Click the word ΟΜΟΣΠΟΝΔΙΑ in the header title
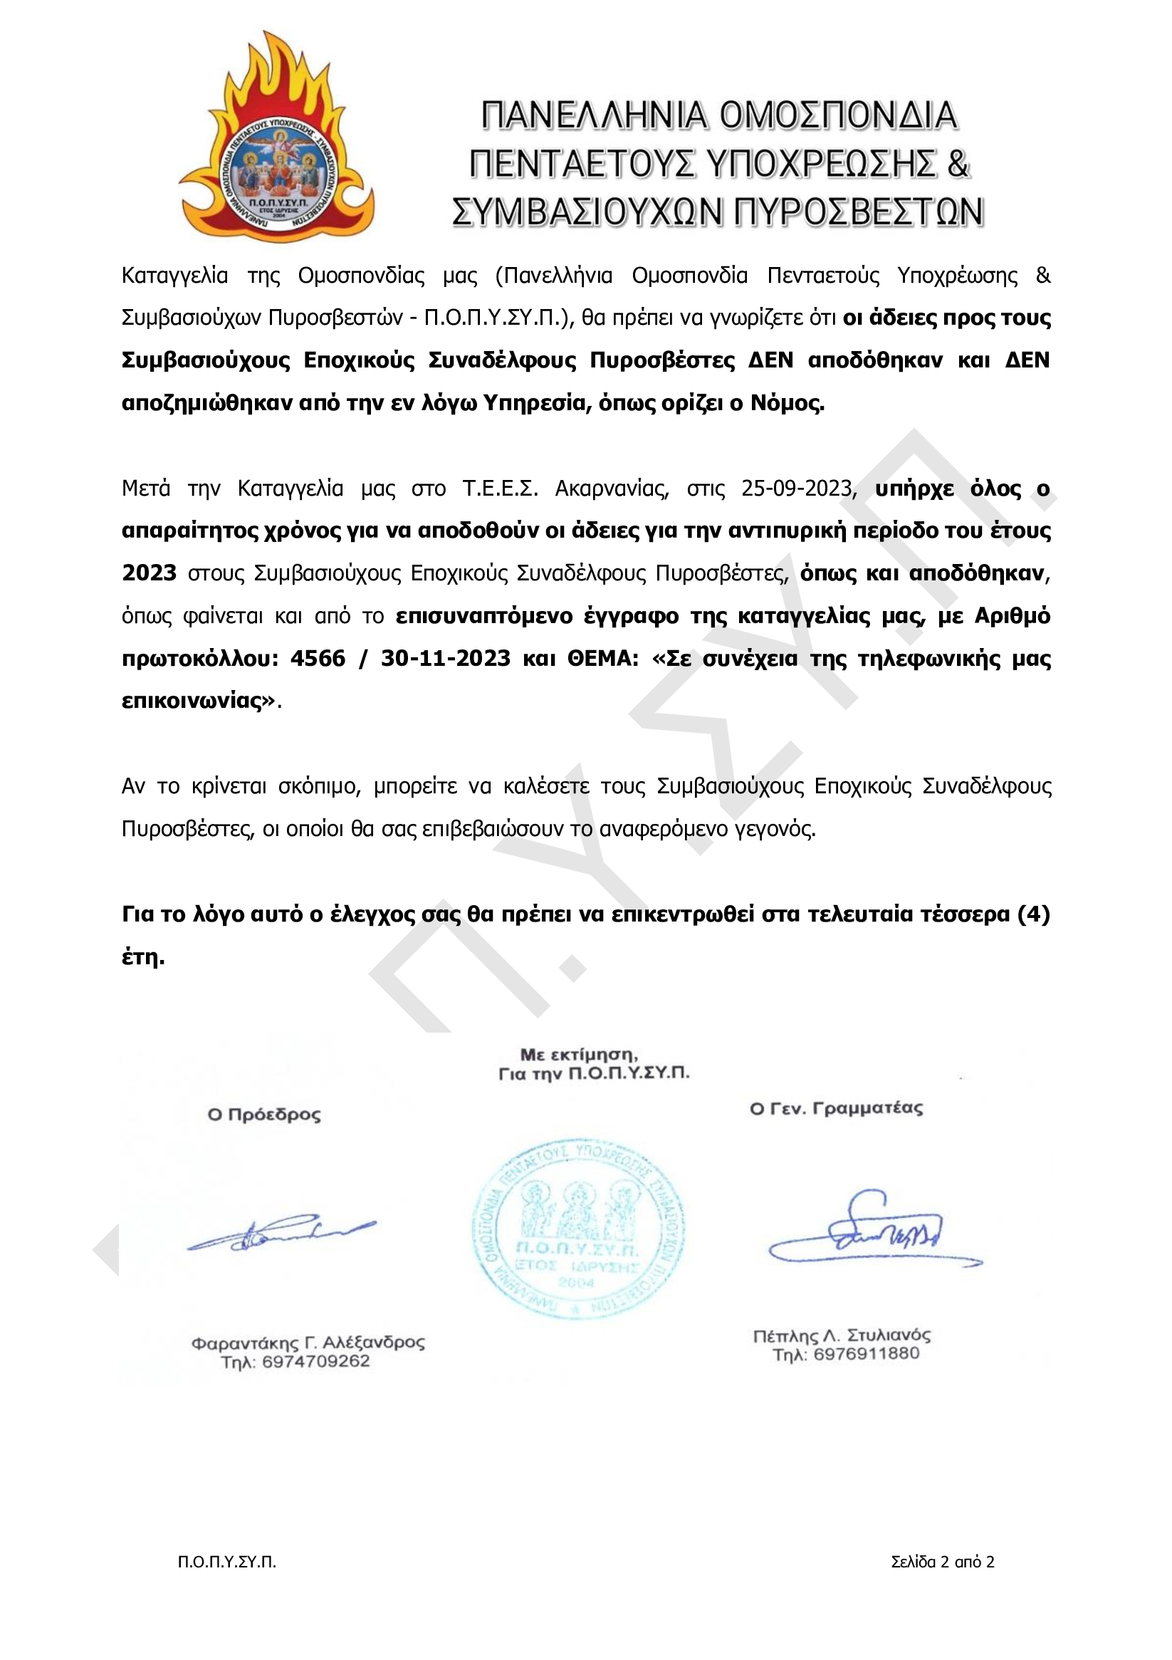839,116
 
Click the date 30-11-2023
446,659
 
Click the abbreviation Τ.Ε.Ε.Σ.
500,489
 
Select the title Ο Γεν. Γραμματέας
836,1108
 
